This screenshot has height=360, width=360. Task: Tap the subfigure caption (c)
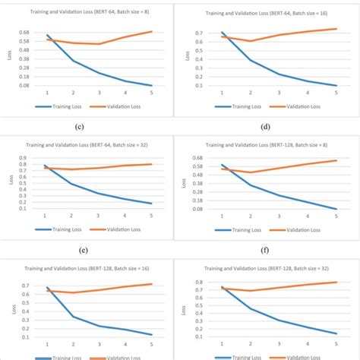click(90, 125)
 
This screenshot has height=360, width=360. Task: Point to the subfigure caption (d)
click(266, 125)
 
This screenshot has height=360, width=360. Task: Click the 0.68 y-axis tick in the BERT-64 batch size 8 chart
click(25, 33)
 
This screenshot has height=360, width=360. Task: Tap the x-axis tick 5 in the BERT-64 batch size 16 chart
click(335, 93)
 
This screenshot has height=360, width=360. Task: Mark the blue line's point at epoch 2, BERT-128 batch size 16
click(74, 316)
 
